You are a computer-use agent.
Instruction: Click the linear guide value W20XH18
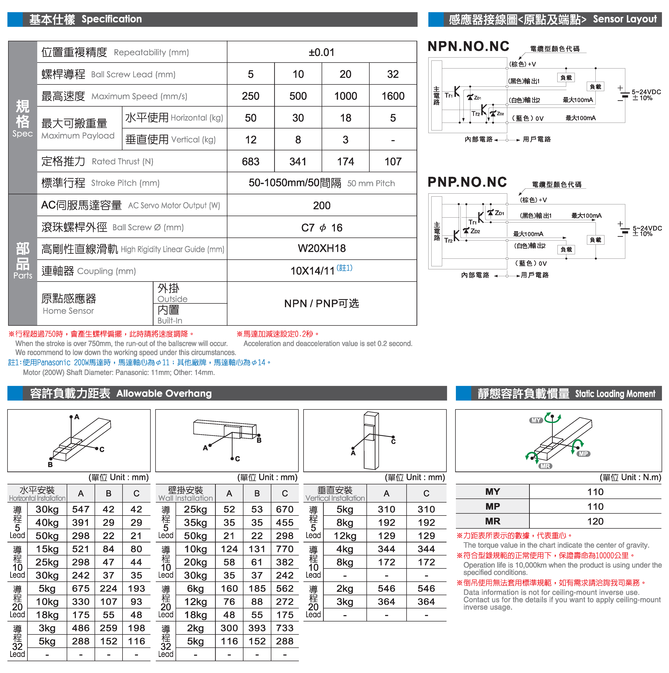tap(321, 248)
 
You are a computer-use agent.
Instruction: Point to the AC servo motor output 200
tap(321, 206)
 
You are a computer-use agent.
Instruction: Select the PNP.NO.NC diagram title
tap(467, 182)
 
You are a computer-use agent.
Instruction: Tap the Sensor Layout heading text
tap(624, 19)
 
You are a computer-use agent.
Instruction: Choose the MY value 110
tap(595, 492)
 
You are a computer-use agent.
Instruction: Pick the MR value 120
tap(595, 521)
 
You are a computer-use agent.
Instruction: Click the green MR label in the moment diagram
tap(545, 466)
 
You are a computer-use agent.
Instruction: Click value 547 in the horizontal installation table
tap(81, 509)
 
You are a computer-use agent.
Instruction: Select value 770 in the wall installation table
tap(285, 549)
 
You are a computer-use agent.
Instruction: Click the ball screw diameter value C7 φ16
tap(321, 227)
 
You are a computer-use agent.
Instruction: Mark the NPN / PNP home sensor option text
tap(321, 303)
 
